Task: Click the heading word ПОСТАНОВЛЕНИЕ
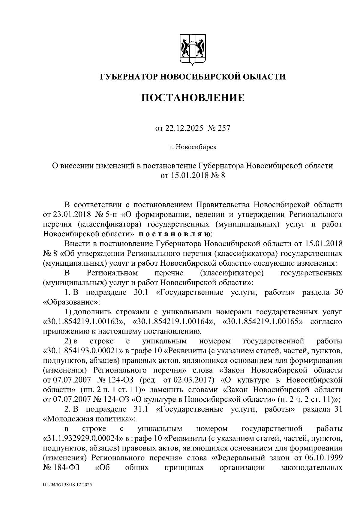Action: [193, 98]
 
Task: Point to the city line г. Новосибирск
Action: [193, 147]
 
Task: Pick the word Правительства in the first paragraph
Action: [223, 205]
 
